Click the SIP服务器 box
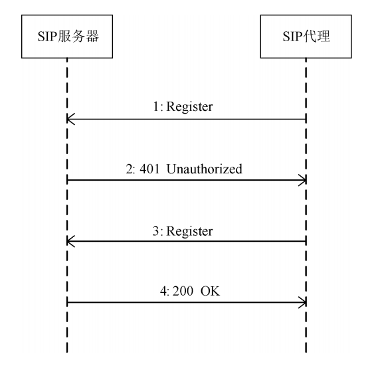pos(67,37)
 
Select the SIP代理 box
pos(306,37)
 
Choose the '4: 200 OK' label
pos(186,291)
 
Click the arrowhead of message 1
pos(70,120)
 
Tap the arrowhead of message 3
pos(70,242)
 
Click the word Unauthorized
pos(205,169)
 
